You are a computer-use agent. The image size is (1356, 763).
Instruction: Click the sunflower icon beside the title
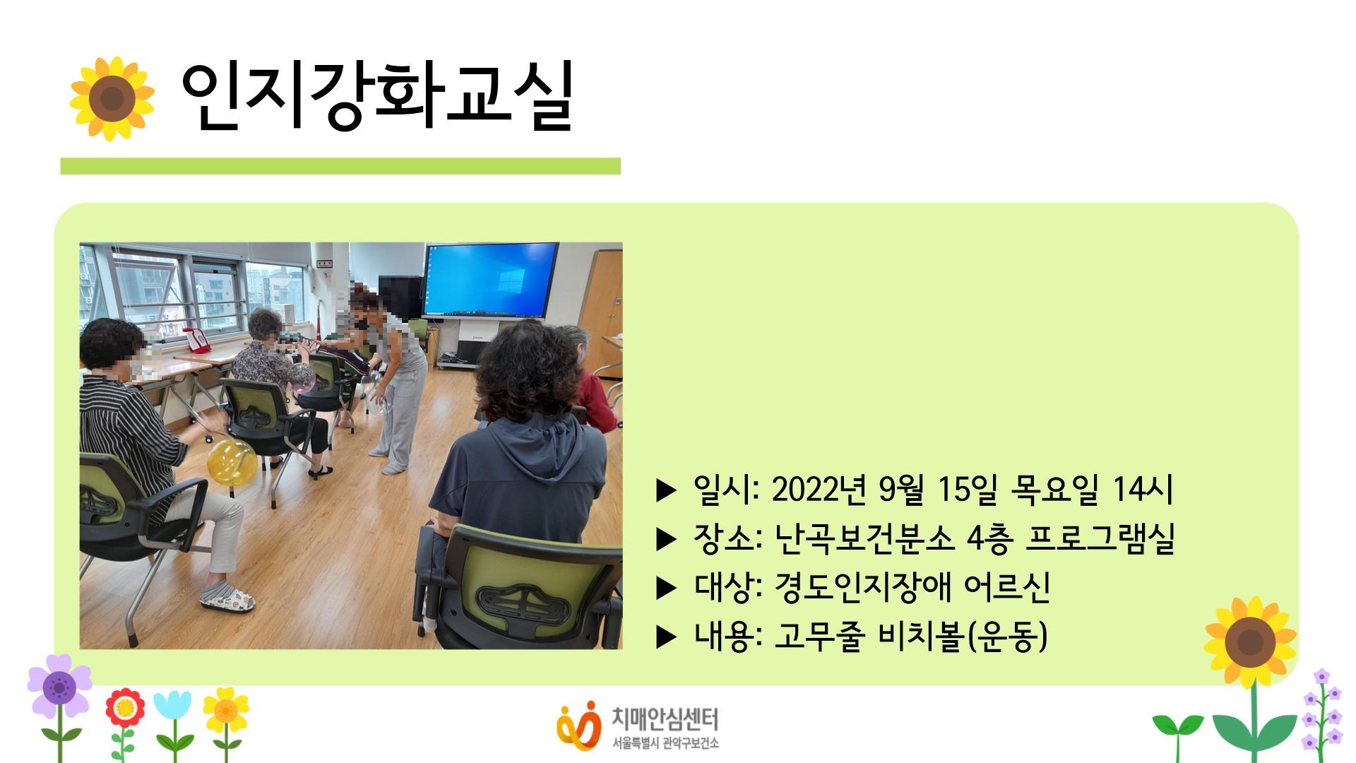click(112, 98)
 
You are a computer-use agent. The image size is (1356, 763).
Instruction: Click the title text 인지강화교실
click(376, 97)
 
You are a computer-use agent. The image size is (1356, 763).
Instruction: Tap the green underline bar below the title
click(340, 166)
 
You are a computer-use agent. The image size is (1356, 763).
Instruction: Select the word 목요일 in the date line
click(1054, 489)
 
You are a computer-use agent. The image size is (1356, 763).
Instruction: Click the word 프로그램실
click(1100, 538)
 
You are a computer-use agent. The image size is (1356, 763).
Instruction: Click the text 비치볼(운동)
click(962, 636)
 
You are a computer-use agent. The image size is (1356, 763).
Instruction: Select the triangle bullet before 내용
click(666, 637)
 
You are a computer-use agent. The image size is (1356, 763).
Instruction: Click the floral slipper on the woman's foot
click(227, 598)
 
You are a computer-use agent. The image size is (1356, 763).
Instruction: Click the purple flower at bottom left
click(59, 685)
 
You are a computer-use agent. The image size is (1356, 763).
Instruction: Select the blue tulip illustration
click(172, 706)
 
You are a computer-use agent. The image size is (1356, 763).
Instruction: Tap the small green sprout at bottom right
click(1177, 728)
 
